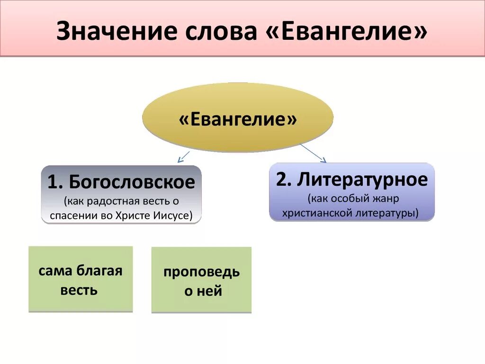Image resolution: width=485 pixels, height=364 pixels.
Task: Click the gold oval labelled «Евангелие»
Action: click(238, 118)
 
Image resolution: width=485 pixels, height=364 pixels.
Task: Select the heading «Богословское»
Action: click(132, 182)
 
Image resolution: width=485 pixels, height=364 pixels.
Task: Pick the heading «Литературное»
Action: click(363, 180)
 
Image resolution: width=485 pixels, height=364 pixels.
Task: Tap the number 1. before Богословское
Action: click(55, 182)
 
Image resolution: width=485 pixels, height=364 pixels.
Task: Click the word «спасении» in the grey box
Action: click(74, 216)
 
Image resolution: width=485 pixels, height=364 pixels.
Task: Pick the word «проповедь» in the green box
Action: click(201, 273)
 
